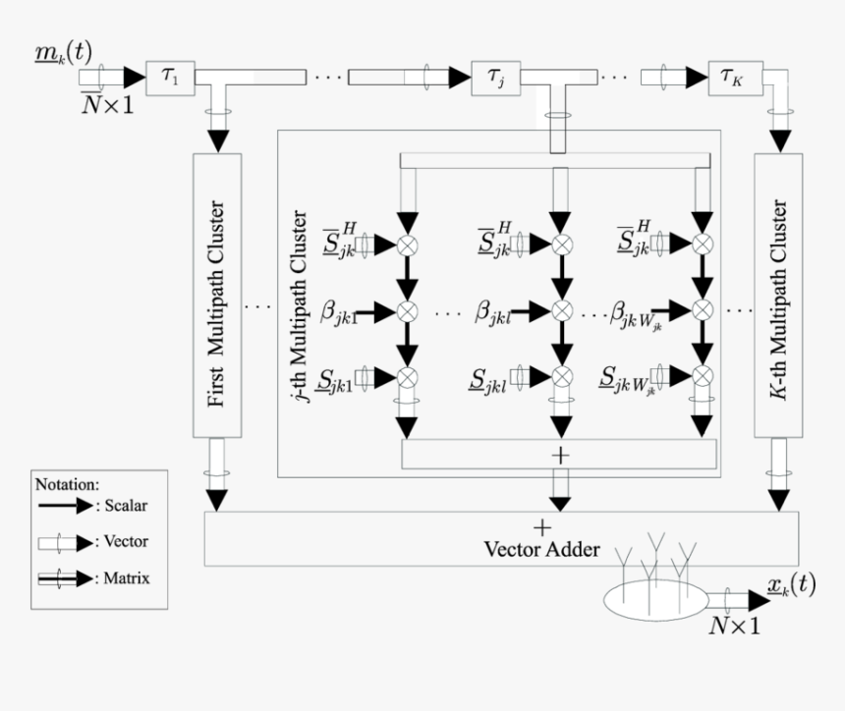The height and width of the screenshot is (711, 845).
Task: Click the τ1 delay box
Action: (x=170, y=77)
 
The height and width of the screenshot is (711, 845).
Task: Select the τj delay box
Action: (x=498, y=77)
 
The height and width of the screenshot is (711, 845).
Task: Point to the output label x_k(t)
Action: (x=790, y=585)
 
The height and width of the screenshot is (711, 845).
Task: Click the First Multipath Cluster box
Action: (x=218, y=296)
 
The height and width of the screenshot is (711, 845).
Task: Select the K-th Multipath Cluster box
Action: (x=778, y=296)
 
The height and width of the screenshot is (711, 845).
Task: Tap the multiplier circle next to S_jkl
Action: (x=561, y=376)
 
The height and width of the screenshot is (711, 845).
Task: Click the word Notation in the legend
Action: (x=67, y=483)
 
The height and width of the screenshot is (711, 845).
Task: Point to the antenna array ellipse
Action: (x=655, y=599)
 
